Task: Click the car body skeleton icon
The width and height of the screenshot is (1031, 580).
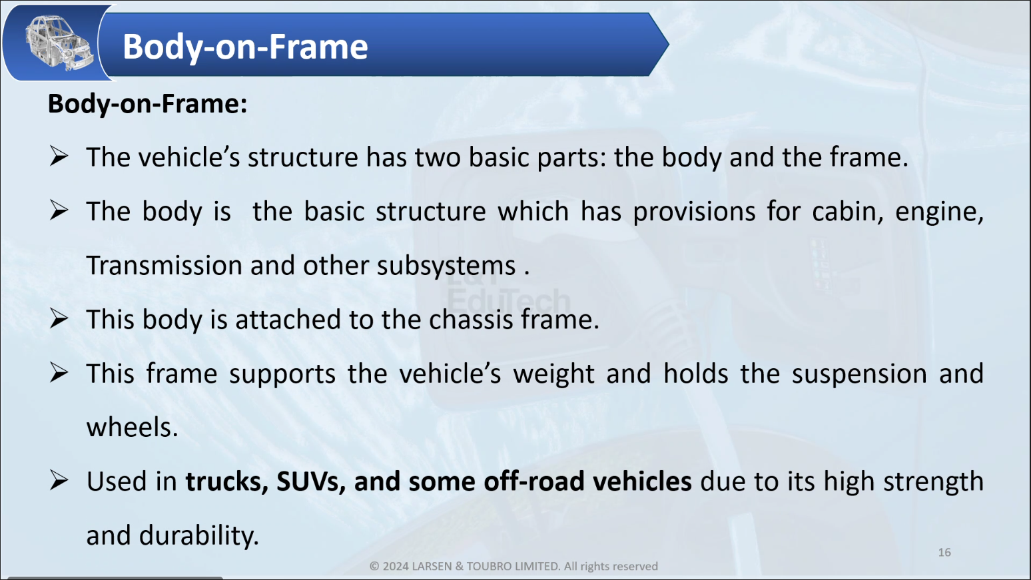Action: [x=59, y=43]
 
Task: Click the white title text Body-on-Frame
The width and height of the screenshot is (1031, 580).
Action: [x=245, y=47]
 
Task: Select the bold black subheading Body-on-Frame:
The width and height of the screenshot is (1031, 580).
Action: [x=147, y=104]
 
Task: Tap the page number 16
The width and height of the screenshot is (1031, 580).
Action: [x=944, y=553]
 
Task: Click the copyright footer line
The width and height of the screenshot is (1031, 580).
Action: [x=514, y=566]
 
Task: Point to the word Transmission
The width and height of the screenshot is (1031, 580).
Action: [x=165, y=266]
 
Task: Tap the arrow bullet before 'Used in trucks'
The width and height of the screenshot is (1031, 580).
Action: [x=59, y=481]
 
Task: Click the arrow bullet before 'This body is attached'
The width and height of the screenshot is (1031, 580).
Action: [x=59, y=318]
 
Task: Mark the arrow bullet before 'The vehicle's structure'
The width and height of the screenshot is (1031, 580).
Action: [x=59, y=156]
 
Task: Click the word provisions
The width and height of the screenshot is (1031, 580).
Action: [x=694, y=212]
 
